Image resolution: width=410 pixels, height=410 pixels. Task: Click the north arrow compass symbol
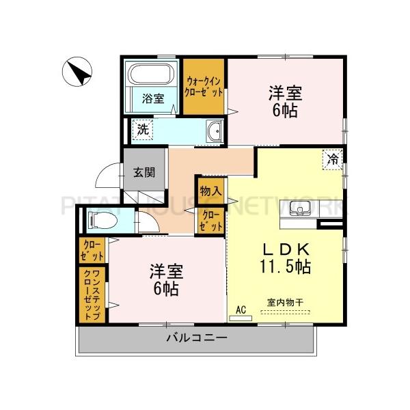(x=77, y=72)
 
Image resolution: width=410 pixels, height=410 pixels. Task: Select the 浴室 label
(x=153, y=99)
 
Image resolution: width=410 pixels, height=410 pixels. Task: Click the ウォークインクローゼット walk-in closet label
(x=204, y=87)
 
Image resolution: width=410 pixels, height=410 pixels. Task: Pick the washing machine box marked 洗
(x=143, y=129)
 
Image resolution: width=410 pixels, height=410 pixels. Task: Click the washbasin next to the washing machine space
(x=215, y=131)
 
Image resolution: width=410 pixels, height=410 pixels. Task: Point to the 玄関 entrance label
(x=144, y=172)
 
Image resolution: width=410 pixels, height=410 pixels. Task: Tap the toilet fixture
(x=102, y=219)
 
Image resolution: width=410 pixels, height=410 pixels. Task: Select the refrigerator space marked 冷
(x=333, y=159)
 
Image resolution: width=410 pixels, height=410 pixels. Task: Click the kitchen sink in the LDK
(x=300, y=208)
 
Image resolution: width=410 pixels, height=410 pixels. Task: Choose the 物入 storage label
(x=210, y=191)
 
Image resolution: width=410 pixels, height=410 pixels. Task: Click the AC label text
(x=241, y=310)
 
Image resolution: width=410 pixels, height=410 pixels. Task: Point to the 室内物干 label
(x=285, y=303)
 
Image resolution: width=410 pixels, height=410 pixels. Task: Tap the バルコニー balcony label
(x=197, y=338)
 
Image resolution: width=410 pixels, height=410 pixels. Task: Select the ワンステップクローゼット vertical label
(x=92, y=295)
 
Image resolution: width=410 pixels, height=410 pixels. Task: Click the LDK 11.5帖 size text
(x=285, y=258)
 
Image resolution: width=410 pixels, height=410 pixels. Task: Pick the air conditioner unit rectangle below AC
(x=241, y=318)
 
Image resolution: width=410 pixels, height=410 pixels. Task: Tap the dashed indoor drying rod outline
(x=285, y=312)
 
